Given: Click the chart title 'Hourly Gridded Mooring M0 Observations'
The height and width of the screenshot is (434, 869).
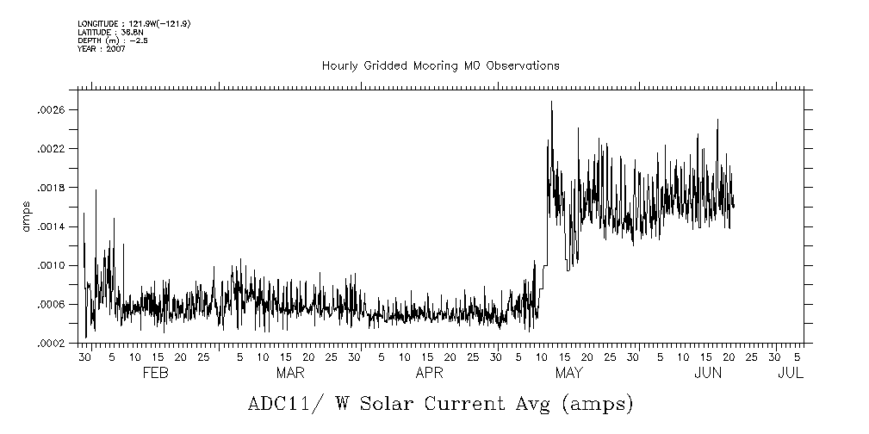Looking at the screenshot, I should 440,65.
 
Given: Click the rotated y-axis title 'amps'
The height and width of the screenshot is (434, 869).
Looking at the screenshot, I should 25,216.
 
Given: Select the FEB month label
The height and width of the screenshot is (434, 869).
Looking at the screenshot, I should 155,373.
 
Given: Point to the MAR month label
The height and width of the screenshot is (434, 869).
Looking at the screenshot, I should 290,373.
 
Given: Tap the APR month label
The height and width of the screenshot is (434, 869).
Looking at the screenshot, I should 430,373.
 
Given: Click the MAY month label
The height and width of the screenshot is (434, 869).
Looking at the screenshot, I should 568,373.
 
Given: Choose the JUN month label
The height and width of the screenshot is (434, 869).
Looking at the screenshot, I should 708,373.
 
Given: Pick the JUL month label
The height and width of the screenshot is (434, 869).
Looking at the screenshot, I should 790,373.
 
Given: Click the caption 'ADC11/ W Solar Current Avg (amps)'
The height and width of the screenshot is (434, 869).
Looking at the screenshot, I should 440,403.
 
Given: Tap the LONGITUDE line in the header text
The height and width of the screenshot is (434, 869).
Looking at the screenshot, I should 133,23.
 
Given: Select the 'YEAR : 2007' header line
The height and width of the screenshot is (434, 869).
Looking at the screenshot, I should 102,48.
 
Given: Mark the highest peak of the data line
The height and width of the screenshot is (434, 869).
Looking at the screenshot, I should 551,102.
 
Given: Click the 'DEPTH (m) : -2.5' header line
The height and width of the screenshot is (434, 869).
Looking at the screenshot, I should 113,40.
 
